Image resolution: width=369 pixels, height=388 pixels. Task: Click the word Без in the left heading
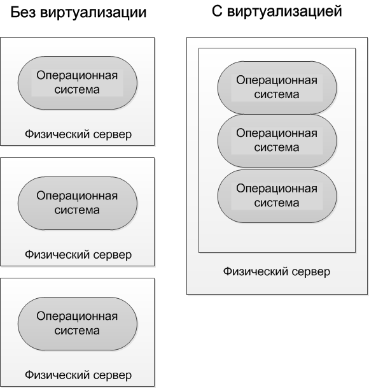[x=23, y=12]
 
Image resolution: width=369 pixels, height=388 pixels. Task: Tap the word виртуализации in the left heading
[x=94, y=13]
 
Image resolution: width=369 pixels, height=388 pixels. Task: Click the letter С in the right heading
[x=217, y=11]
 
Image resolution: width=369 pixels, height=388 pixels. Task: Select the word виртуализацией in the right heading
[x=284, y=12]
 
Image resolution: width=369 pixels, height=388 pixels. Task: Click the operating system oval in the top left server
[x=78, y=83]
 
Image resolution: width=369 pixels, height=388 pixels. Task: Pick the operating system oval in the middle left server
[x=78, y=203]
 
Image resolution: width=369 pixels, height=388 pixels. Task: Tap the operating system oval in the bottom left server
[x=78, y=324]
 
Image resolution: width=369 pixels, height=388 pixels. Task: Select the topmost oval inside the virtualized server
[x=277, y=88]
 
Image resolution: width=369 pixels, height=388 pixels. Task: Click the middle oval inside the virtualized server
[x=277, y=141]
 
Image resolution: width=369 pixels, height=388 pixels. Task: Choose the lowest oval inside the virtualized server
[x=277, y=196]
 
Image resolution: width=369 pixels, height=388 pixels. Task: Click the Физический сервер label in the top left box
[x=78, y=134]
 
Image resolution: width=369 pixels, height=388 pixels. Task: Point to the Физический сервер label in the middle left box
[x=78, y=255]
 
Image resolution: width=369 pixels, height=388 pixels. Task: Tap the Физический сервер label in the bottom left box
[x=78, y=375]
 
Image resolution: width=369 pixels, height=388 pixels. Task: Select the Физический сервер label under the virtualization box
[x=277, y=271]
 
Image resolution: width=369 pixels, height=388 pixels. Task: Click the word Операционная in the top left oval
[x=77, y=75]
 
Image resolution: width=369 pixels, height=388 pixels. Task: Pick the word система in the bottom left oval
[x=77, y=331]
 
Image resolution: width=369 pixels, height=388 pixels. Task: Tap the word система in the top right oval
[x=277, y=95]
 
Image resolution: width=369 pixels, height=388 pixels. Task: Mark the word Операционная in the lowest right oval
[x=277, y=189]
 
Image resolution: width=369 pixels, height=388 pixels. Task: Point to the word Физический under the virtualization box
[x=256, y=271]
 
